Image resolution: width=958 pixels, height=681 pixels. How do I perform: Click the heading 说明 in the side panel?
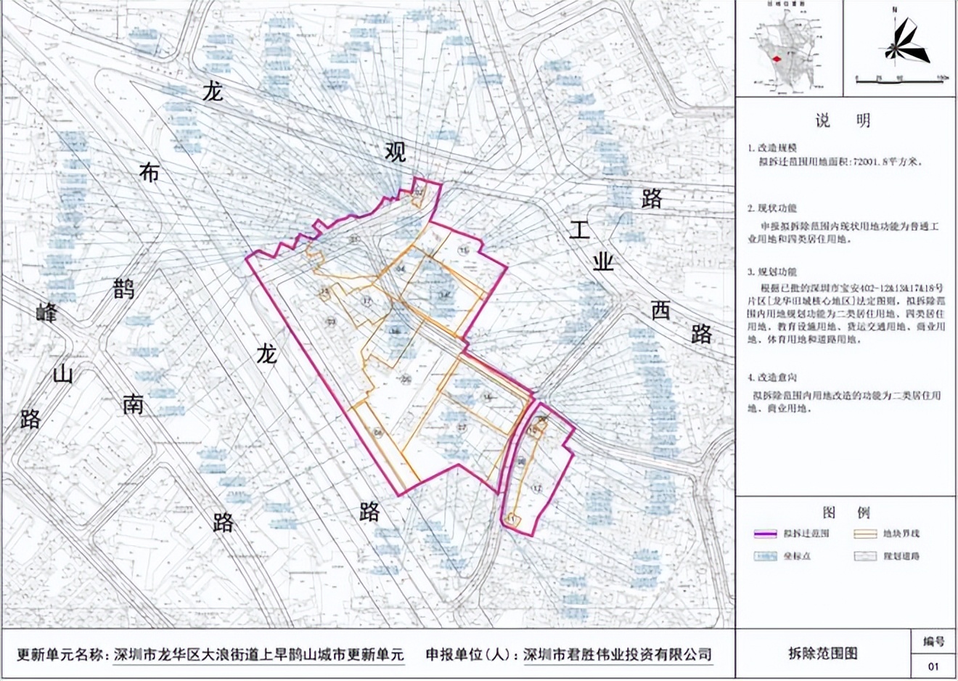coord(842,121)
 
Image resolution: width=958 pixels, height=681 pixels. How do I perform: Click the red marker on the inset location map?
coord(777,59)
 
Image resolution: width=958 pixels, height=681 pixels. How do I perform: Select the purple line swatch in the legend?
coord(765,534)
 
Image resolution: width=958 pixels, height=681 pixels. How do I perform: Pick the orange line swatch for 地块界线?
coord(864,534)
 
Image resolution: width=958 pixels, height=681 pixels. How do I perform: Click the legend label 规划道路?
coord(901,556)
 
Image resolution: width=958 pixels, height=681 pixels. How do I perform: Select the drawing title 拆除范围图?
coord(822,653)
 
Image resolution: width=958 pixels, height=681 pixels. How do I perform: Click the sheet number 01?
coord(933,666)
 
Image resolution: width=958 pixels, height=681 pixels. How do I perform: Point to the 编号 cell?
coord(933,642)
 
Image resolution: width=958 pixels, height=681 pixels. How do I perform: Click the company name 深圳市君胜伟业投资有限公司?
coord(618,654)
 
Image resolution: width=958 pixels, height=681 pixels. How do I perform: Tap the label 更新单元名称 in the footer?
coord(61,654)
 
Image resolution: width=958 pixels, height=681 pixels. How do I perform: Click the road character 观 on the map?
coord(396,152)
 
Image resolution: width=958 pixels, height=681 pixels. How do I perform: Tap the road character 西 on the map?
coord(660,311)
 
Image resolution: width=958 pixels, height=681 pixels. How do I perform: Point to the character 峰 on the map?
coord(46,314)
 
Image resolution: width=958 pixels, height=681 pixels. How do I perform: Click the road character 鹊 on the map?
coord(123,288)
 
